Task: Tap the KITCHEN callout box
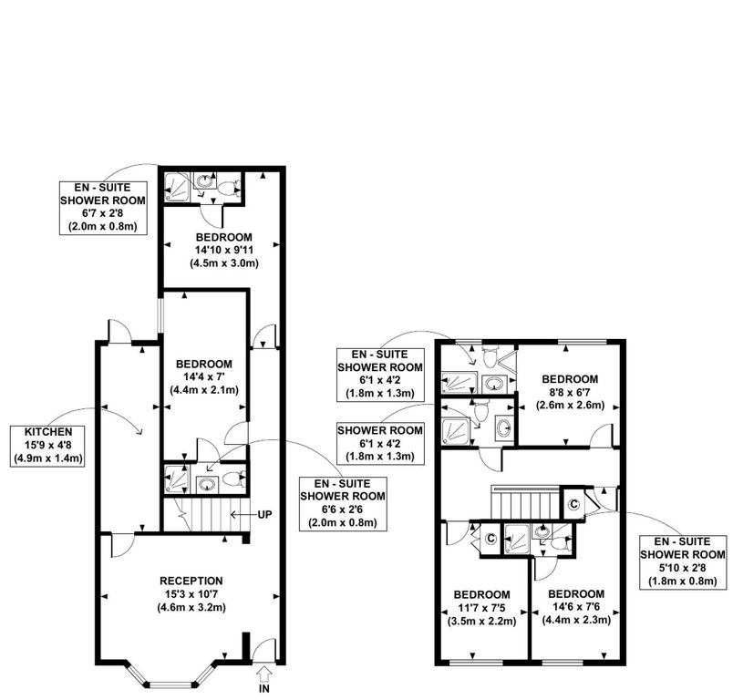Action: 44,444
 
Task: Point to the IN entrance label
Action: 264,690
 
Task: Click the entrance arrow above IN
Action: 264,674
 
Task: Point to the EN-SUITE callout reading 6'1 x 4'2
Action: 379,374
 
